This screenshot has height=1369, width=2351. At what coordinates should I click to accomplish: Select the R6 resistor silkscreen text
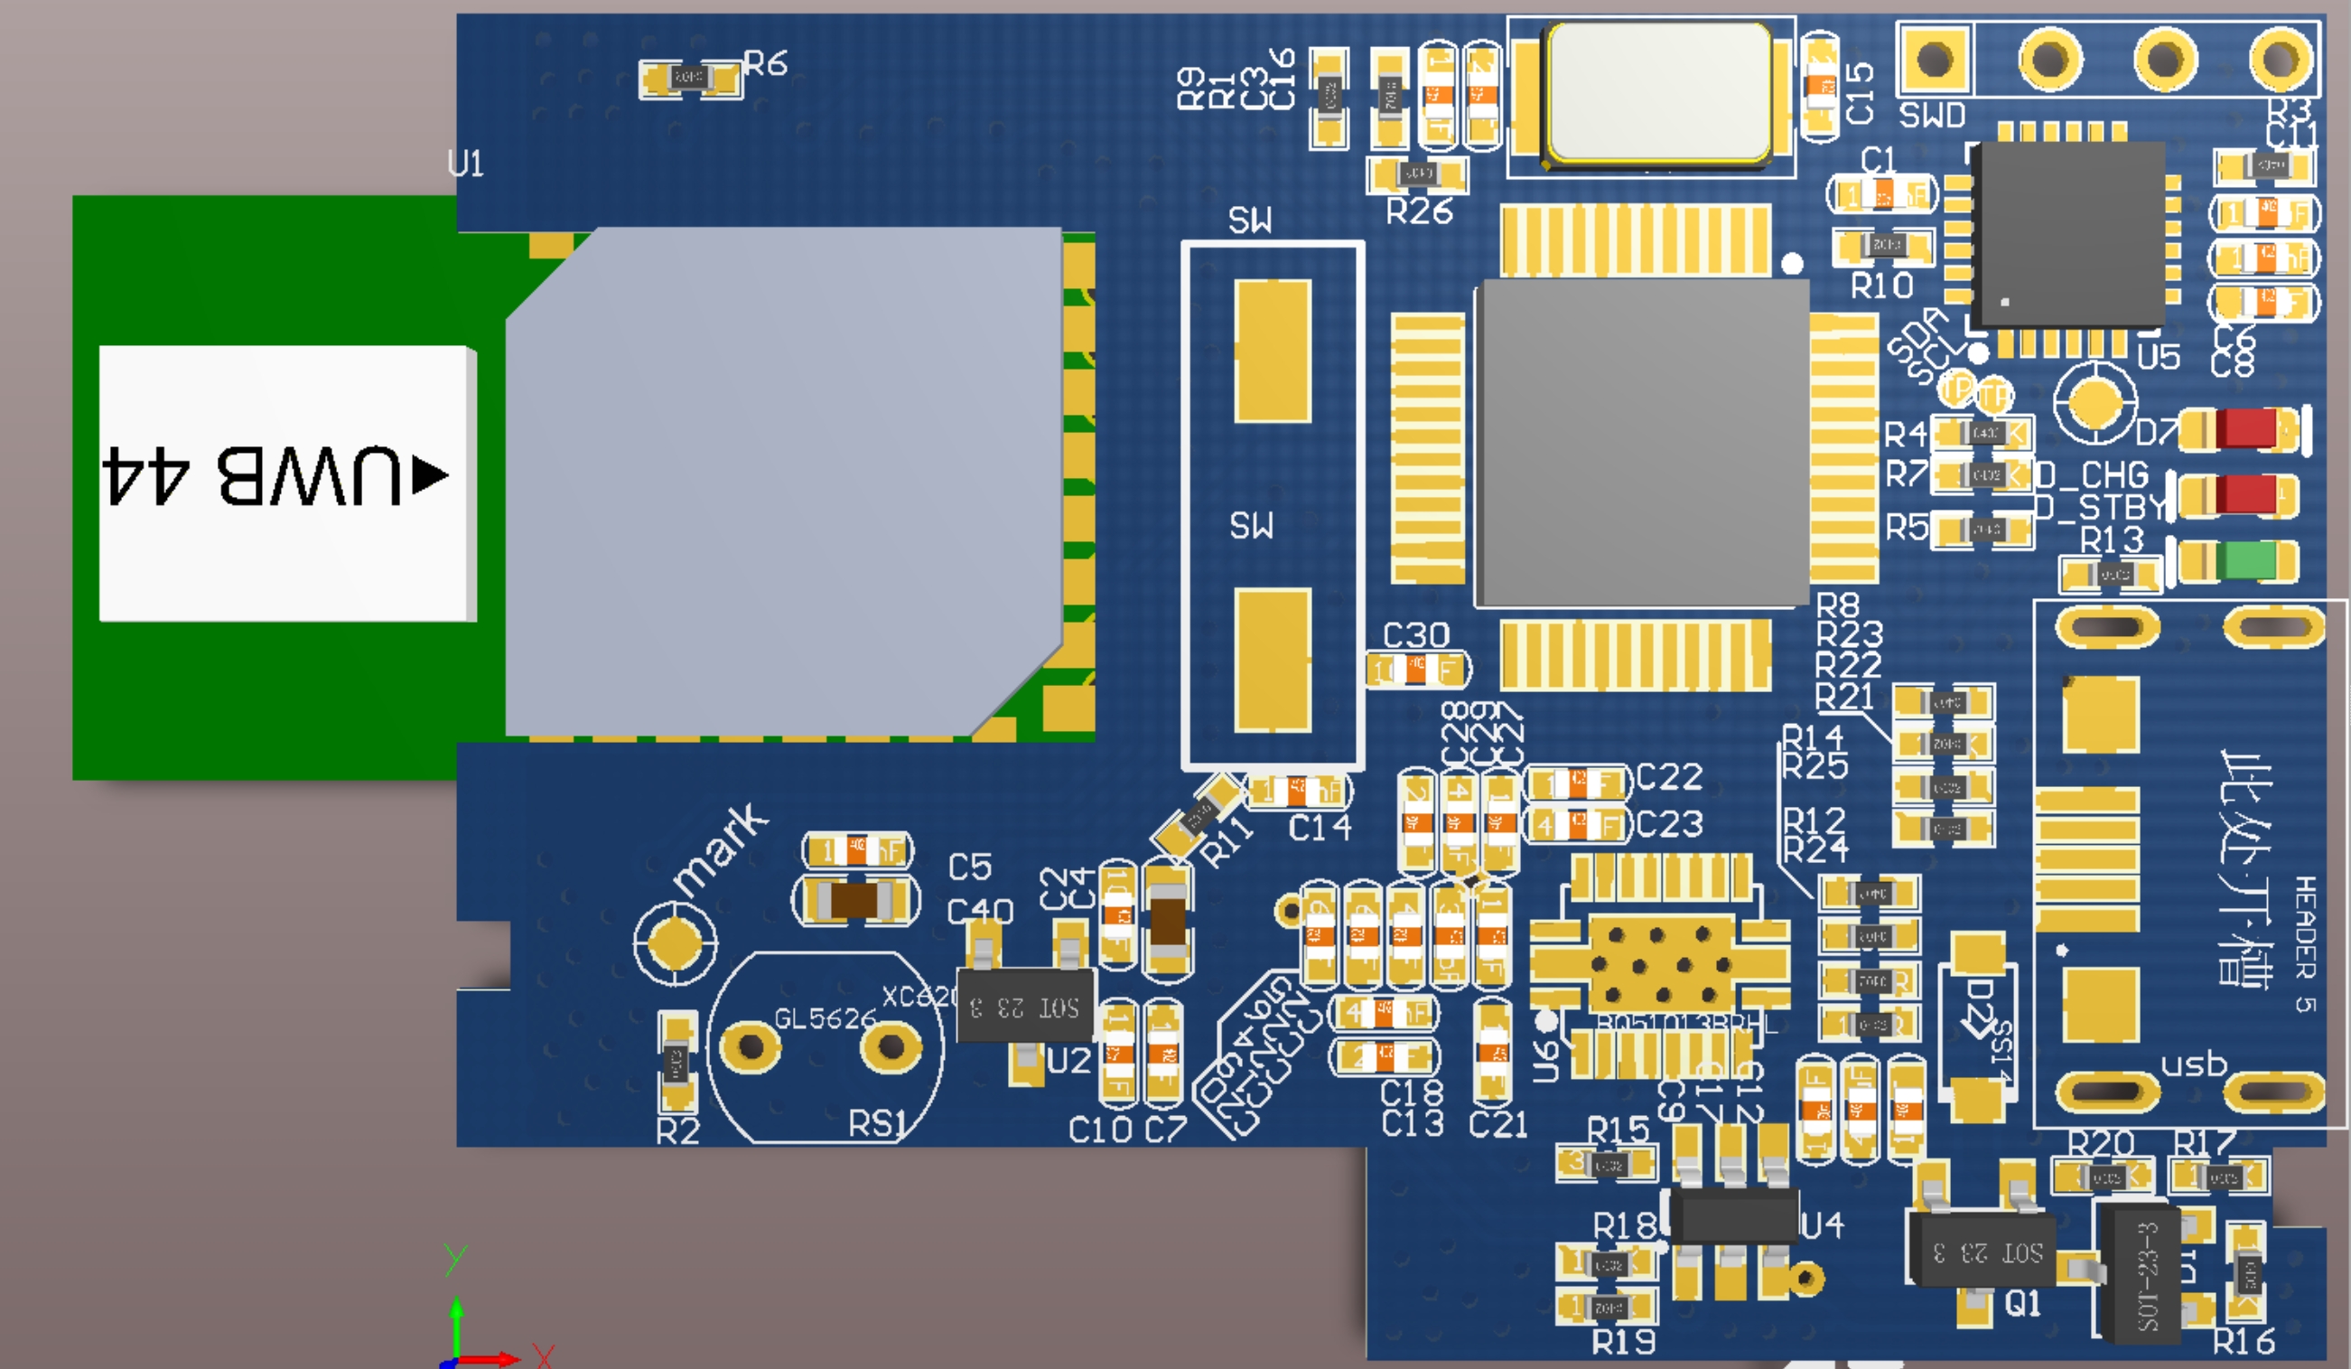click(x=766, y=63)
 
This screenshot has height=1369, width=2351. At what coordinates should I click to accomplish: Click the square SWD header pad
click(x=1934, y=60)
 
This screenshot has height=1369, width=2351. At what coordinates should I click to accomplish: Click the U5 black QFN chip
click(x=2071, y=233)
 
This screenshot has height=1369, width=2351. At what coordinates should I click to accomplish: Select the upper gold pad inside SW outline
click(x=1273, y=351)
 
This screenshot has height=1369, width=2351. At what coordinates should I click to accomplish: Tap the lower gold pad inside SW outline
click(x=1273, y=659)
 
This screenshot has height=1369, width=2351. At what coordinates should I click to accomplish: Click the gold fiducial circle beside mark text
click(x=674, y=942)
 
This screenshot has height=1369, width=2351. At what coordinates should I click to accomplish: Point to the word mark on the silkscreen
click(x=720, y=847)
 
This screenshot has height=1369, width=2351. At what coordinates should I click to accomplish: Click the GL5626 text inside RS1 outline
click(x=825, y=1018)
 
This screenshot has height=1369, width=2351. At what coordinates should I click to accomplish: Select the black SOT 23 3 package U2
click(x=1024, y=1006)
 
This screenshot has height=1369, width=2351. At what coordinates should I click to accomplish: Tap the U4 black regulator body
click(x=1733, y=1214)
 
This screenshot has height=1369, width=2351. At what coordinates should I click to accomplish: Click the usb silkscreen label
click(x=2193, y=1064)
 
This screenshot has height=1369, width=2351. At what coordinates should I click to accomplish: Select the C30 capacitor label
click(x=1415, y=635)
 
